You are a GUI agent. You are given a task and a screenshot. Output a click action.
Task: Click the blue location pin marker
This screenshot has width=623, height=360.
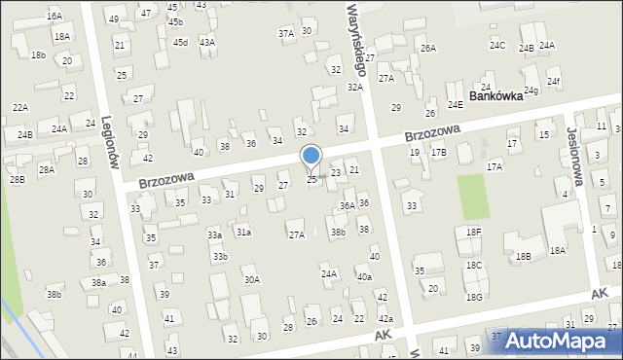pos(311,157)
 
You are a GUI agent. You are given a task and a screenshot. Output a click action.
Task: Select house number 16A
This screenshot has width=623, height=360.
pos(55,17)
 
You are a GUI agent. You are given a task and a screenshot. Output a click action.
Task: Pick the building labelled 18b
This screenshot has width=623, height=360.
pos(38,55)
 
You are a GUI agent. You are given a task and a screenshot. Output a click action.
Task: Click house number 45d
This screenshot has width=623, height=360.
pos(180,42)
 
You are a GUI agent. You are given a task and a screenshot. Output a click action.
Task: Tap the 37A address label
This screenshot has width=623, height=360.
pos(286,33)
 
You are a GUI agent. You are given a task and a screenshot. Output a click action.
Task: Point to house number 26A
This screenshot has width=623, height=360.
pos(427,48)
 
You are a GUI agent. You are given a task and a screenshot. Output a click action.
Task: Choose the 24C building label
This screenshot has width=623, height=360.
pos(497,46)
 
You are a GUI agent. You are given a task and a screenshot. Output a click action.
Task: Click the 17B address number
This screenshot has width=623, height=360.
pos(439,152)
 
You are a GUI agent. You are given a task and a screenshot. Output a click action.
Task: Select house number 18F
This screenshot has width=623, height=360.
pos(473,232)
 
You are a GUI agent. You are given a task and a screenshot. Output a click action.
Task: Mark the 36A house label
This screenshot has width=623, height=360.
pos(347,206)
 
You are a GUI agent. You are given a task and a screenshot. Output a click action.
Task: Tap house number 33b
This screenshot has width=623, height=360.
pos(221,256)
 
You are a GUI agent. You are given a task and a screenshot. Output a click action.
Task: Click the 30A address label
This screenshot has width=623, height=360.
pos(251,279)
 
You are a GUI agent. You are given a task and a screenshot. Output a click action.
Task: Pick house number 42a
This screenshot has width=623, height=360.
pos(385,319)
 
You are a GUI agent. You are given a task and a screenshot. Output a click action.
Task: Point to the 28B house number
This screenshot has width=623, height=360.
pos(17,179)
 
